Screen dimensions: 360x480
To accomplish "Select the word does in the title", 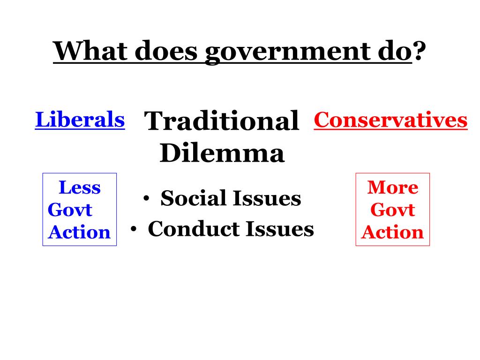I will pyautogui.click(x=167, y=51).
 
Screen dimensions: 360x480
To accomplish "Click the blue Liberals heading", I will pyautogui.click(x=80, y=120).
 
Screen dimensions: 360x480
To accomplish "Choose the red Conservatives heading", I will pyautogui.click(x=390, y=120).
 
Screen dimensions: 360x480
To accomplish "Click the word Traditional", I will pyautogui.click(x=222, y=121).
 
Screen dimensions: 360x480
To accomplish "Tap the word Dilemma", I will pyautogui.click(x=222, y=153).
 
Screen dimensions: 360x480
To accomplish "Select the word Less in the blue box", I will pyautogui.click(x=80, y=188).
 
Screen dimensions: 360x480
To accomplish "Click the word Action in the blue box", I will pyautogui.click(x=79, y=232).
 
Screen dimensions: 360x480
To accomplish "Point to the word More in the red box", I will pyautogui.click(x=393, y=188).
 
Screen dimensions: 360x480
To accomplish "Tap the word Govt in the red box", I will pyautogui.click(x=393, y=210).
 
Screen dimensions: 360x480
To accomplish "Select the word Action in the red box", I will pyautogui.click(x=393, y=232).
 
